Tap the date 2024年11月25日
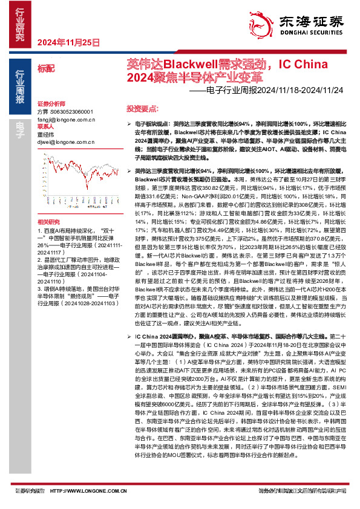coord(68,42)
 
